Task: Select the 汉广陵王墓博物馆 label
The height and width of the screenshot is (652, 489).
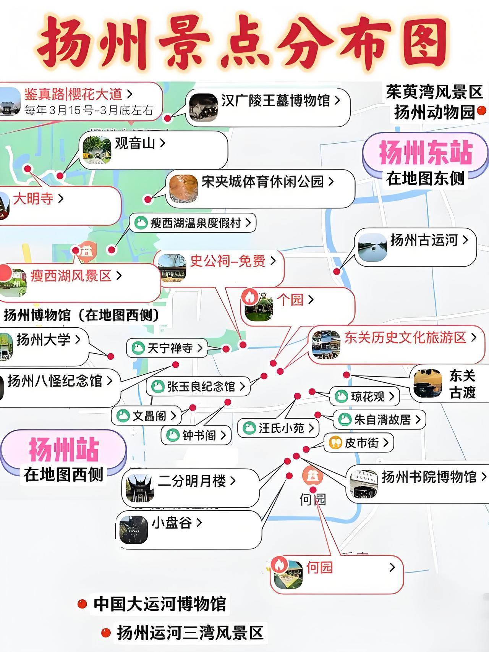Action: [x=275, y=101]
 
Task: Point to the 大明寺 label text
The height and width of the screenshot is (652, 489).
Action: [x=33, y=199]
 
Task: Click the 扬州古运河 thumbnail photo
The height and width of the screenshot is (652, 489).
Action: [x=372, y=248]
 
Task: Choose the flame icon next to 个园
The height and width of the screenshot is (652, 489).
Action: [x=251, y=297]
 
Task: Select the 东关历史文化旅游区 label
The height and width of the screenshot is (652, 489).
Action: [x=405, y=338]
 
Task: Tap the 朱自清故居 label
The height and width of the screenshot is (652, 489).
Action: [x=382, y=420]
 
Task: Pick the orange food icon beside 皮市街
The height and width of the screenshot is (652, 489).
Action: [x=335, y=442]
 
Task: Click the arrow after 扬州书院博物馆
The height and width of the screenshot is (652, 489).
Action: [x=484, y=476]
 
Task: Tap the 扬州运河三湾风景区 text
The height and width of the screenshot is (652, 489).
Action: [x=190, y=633]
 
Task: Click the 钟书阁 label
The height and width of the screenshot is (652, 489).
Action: [x=199, y=435]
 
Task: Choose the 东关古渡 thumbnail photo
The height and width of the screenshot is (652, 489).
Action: [x=427, y=383]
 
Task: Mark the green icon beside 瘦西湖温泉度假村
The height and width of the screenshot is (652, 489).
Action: [x=141, y=223]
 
